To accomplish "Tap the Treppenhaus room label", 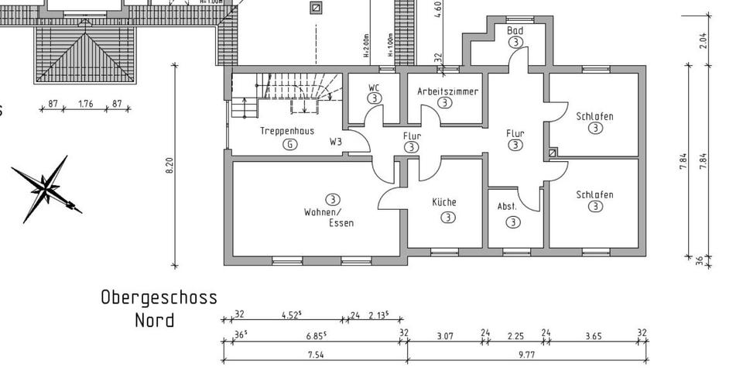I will (287, 131).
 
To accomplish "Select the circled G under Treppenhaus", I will (289, 145).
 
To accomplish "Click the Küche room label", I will (444, 202).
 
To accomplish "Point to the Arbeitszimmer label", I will (447, 91).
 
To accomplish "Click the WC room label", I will (374, 87).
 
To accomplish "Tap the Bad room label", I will (515, 31).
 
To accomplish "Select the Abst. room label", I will (507, 207).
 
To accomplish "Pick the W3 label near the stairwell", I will (336, 142).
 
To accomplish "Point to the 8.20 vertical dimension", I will (169, 167).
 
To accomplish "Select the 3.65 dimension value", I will (591, 336).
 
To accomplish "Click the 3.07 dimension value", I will (444, 336).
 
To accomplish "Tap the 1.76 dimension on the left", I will (85, 104).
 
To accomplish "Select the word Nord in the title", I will (154, 319).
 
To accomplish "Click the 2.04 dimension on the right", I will (703, 40).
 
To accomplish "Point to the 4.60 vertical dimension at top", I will (439, 9).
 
